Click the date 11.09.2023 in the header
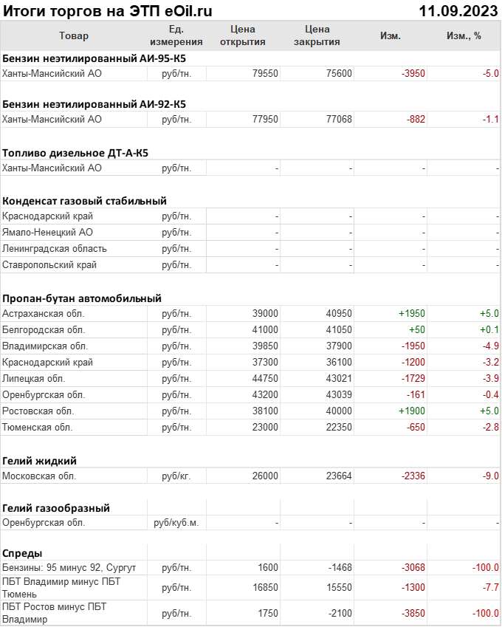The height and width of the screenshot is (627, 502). [x=458, y=11]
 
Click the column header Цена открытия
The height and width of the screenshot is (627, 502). [x=243, y=35]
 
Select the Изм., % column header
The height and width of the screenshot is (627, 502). [x=464, y=35]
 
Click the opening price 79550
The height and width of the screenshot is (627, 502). [x=265, y=73]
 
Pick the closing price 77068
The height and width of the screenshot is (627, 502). [x=339, y=119]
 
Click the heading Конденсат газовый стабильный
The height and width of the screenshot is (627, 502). [x=84, y=200]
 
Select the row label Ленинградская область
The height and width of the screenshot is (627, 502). [x=55, y=248]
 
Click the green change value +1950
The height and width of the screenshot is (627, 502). [x=411, y=313]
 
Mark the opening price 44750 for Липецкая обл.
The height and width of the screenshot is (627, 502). [x=265, y=378]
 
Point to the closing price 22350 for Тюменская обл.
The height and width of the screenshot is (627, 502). [x=339, y=427]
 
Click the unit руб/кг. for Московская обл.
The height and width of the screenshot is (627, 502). [x=176, y=476]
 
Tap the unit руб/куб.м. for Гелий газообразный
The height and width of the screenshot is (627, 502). [x=176, y=522]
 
